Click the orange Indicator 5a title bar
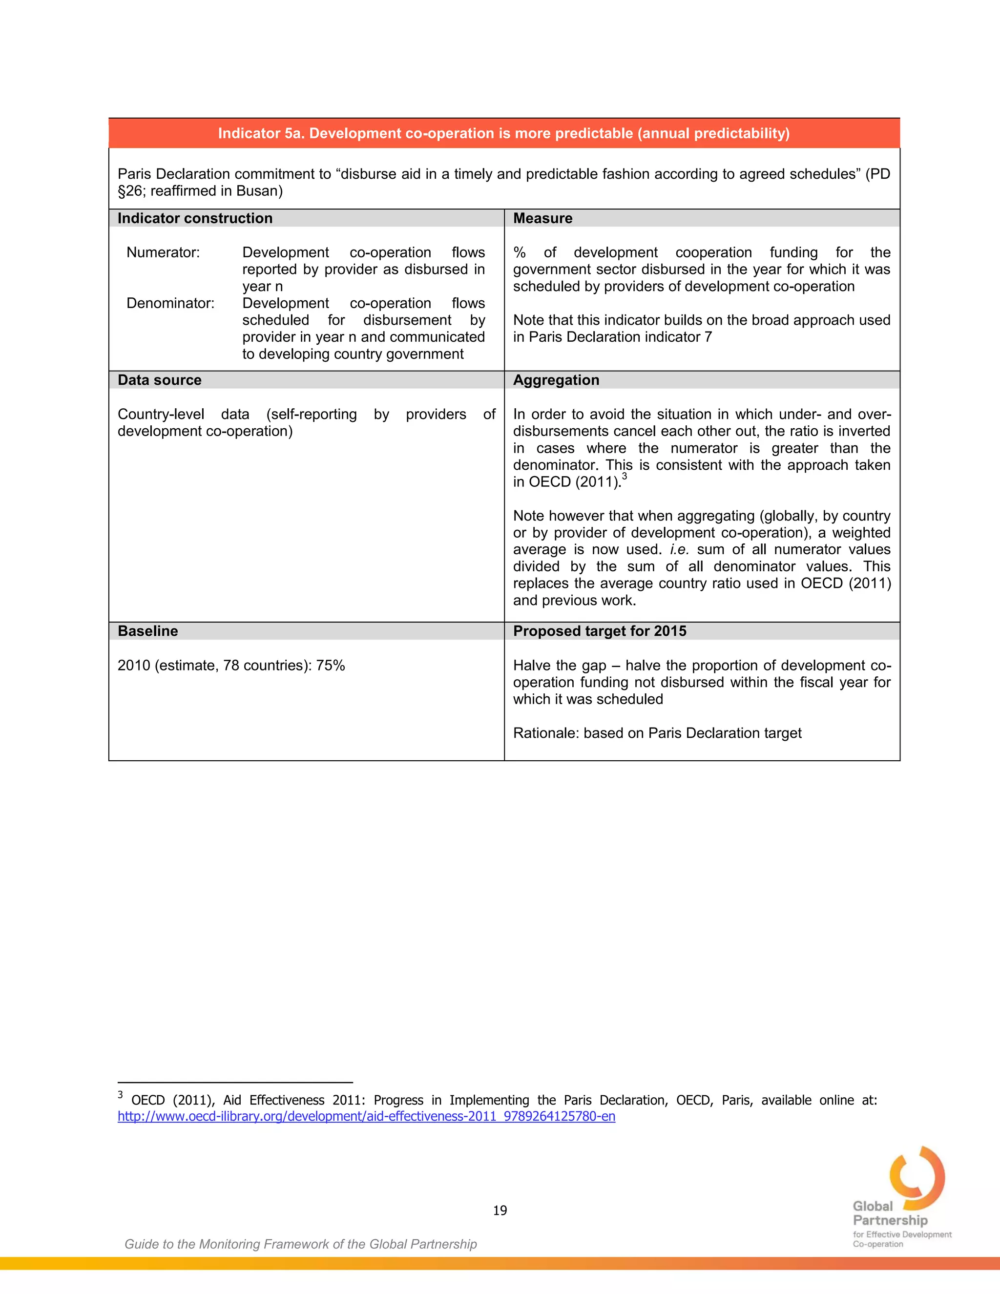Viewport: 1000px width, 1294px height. (x=503, y=133)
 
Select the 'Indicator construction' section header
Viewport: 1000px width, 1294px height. (x=195, y=218)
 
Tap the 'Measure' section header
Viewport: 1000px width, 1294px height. (x=542, y=218)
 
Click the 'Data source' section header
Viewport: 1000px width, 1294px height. (x=159, y=380)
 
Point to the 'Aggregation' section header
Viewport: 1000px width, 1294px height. (x=556, y=380)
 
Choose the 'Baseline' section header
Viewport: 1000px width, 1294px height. (x=147, y=631)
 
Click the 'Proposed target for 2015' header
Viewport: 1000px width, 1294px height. (x=600, y=631)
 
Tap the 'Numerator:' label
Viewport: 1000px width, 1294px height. (x=163, y=252)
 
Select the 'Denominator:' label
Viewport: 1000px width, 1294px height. (x=170, y=303)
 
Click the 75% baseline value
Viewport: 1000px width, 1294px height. (x=330, y=666)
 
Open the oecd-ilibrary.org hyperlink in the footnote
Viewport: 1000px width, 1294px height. (x=366, y=1116)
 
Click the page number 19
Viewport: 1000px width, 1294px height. (x=500, y=1210)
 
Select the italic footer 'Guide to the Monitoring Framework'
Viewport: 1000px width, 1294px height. (x=300, y=1244)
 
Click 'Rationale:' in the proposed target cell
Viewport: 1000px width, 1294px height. (x=545, y=733)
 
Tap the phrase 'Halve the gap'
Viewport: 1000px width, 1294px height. (x=559, y=666)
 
